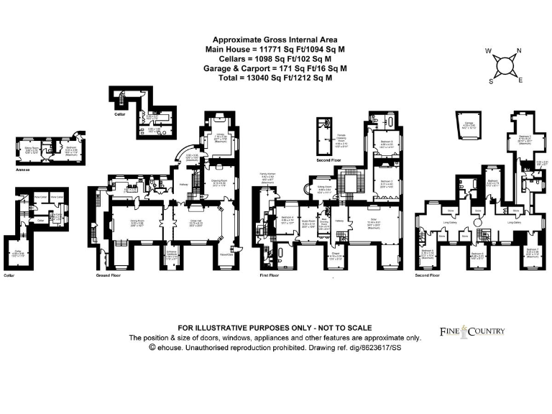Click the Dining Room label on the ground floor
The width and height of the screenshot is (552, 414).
click(x=128, y=221)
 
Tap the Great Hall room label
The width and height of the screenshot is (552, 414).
click(x=195, y=222)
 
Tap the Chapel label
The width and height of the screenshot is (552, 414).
click(x=336, y=254)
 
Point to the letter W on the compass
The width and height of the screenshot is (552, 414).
click(x=489, y=51)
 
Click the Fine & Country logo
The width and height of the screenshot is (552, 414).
click(x=472, y=331)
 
